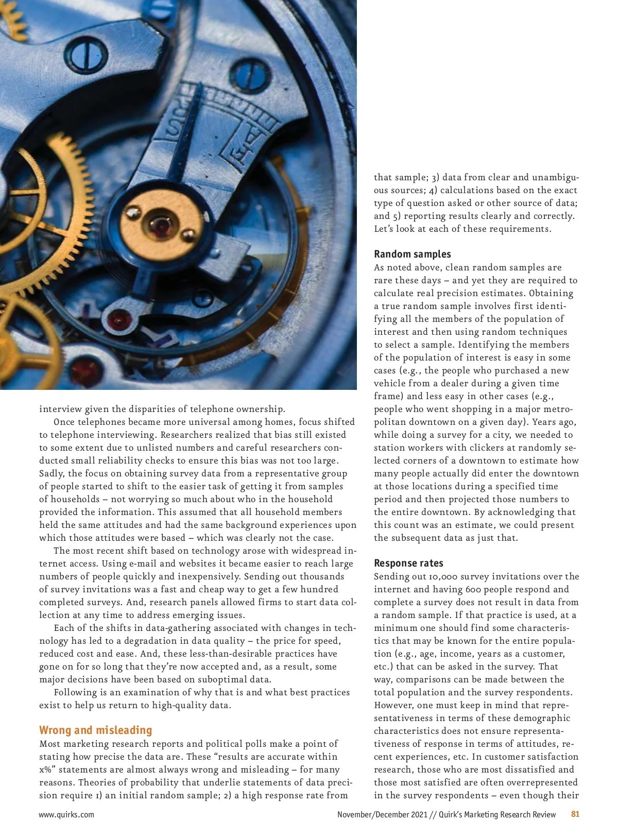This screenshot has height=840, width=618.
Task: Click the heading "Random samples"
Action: (x=412, y=254)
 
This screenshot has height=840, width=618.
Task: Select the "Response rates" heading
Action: (x=408, y=563)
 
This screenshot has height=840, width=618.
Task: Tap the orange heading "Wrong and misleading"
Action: (x=96, y=730)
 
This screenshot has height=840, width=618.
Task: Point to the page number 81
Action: (x=575, y=814)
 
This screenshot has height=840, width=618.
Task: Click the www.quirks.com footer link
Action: (x=66, y=814)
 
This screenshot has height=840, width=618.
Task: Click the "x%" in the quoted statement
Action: (x=46, y=769)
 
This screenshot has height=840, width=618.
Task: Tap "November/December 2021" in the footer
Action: (x=382, y=814)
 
